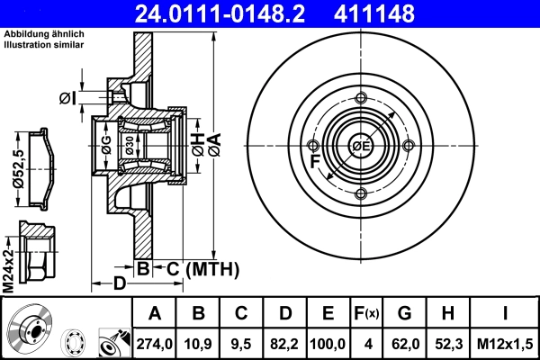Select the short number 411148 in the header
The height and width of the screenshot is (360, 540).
point(402,13)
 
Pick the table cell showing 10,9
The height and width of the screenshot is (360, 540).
point(197,342)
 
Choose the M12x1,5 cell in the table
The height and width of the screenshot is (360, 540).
point(504,342)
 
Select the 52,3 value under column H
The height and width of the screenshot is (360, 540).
point(447,342)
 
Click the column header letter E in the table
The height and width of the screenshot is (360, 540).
point(328,313)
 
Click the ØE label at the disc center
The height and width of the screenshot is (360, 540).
point(361,147)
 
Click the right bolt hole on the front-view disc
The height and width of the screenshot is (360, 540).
point(409,147)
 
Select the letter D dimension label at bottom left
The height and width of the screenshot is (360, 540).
point(120,286)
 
